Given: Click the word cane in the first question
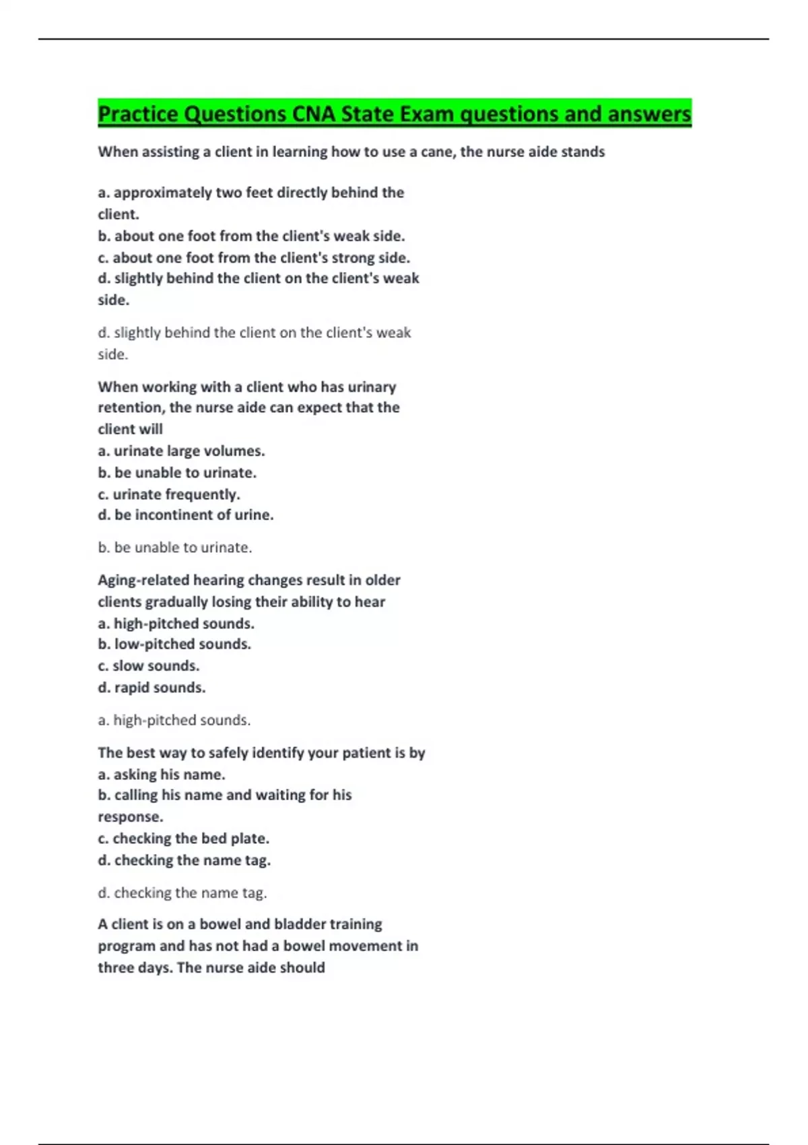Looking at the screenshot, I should click(x=437, y=152).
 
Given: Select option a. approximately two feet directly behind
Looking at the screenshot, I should click(x=250, y=193).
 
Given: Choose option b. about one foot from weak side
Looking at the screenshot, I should click(x=251, y=236).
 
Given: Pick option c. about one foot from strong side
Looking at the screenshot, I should click(x=254, y=257).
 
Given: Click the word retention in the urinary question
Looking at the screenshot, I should click(x=131, y=407).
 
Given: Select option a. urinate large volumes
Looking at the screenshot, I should click(x=181, y=451).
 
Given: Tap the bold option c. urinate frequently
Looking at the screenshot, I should click(x=169, y=494).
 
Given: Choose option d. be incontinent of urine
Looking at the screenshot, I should click(x=186, y=515).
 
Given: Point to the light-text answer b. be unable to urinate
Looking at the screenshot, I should click(x=175, y=548).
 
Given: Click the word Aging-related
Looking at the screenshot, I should click(x=143, y=580).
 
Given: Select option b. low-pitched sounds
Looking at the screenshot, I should click(x=174, y=644).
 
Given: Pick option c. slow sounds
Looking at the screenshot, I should click(x=149, y=665).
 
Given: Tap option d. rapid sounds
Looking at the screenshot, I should click(x=151, y=688).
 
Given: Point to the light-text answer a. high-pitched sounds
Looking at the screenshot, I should click(x=174, y=720).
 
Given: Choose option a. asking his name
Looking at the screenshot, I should click(x=162, y=775).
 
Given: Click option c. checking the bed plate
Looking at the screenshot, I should click(x=183, y=839).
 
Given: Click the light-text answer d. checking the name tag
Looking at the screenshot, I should click(x=182, y=893).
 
